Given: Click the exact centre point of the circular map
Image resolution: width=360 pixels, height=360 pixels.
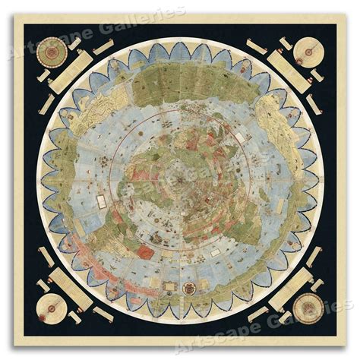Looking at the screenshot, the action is (x=180, y=179).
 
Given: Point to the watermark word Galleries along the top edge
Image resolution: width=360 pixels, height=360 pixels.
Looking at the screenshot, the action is (x=148, y=17).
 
